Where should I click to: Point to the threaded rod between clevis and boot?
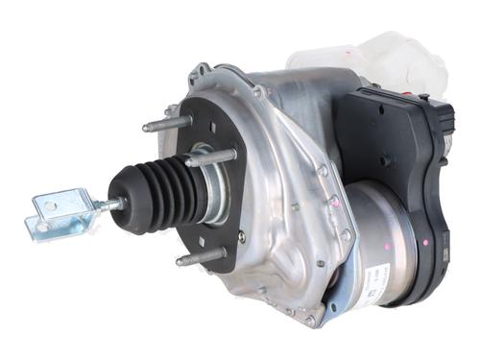click(108, 204)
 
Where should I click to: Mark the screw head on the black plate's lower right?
click(240, 236)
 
